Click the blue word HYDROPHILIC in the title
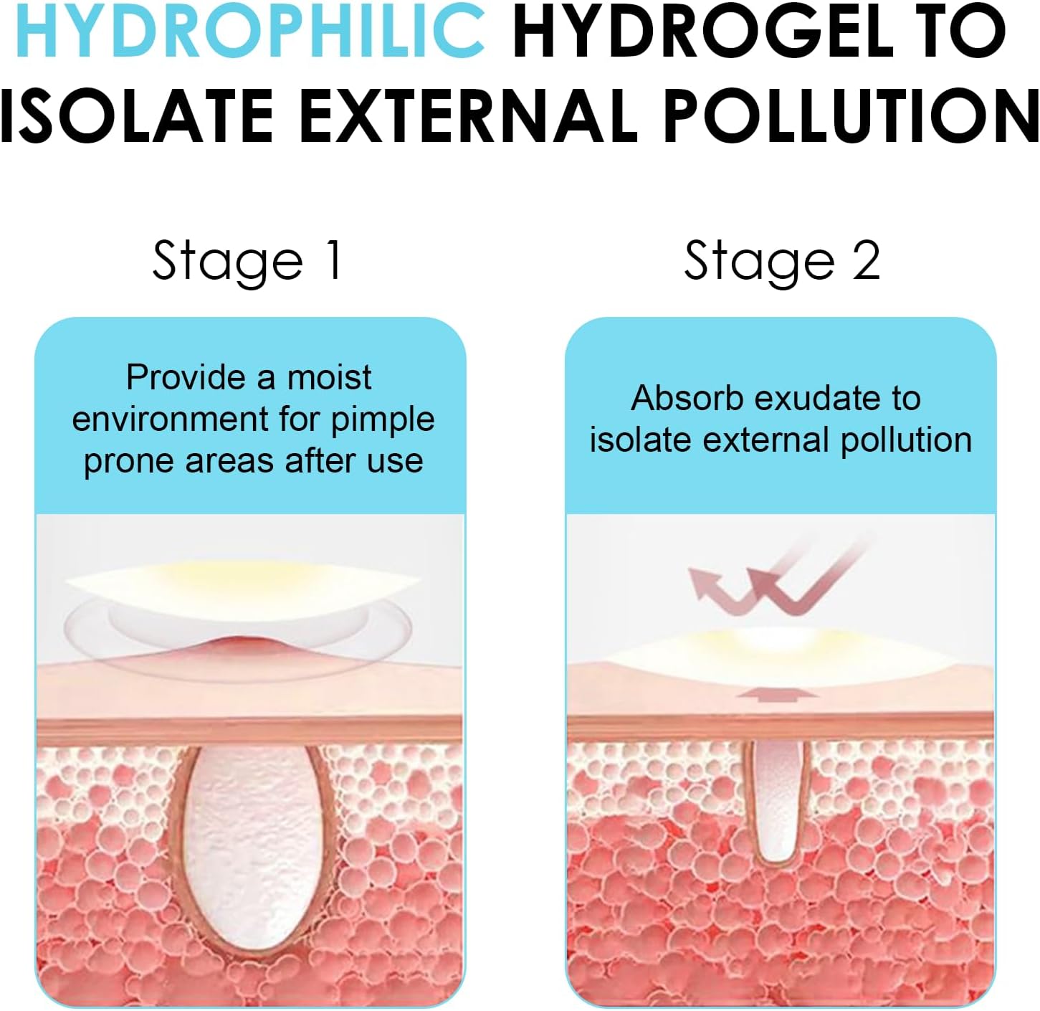(251, 31)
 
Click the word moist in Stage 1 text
(329, 377)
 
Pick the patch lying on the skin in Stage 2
(778, 657)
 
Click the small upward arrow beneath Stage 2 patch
(778, 692)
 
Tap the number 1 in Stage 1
(335, 260)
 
